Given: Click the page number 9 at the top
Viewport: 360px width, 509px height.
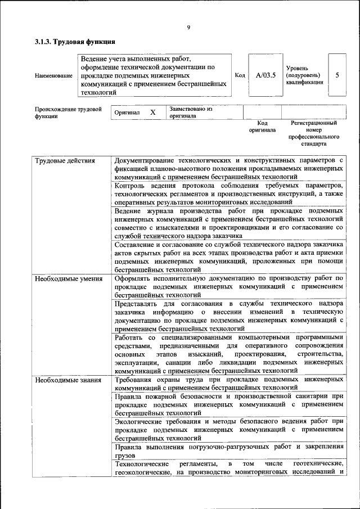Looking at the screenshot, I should pos(189,27).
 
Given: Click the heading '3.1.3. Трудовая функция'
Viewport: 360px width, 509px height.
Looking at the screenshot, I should pos(75,42).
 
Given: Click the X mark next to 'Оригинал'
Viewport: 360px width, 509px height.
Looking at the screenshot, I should pos(152,112).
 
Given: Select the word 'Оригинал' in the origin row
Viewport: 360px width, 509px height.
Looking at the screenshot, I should pos(127,112).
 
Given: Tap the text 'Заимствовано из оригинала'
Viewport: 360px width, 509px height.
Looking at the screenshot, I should pos(191,112).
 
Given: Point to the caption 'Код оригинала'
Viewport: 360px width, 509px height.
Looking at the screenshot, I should pos(262,127).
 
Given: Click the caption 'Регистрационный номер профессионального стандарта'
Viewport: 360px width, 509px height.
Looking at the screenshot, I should pos(314,133).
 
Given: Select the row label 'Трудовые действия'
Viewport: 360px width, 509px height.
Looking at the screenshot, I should pos(58,161).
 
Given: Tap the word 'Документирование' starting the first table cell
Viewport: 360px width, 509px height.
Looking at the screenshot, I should pos(141,161).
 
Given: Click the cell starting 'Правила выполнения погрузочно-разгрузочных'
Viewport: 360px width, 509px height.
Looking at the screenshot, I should pos(228,451).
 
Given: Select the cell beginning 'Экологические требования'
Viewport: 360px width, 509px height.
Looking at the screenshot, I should pos(228,429).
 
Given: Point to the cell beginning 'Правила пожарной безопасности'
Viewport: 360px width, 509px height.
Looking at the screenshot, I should pos(228,404).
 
